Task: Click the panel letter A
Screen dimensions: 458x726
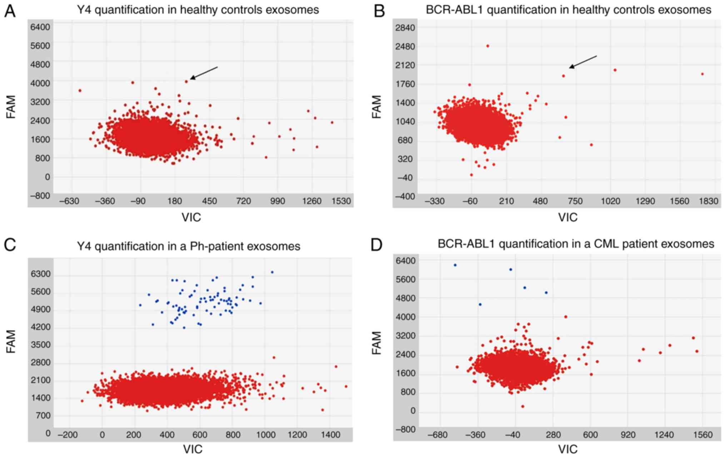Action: coord(10,11)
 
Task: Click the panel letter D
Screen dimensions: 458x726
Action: coord(376,245)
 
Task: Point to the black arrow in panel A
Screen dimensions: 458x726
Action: coord(204,72)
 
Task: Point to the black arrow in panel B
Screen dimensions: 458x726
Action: coord(583,61)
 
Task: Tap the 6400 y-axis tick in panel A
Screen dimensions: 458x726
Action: coord(40,27)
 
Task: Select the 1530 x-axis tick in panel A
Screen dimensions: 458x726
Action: coord(341,201)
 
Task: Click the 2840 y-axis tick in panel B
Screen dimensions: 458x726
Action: coord(405,28)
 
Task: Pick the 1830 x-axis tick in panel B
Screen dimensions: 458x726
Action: coord(708,201)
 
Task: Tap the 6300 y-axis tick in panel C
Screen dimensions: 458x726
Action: coord(40,274)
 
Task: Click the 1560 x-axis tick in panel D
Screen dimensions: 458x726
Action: coord(702,435)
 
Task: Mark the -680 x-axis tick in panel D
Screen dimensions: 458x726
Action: coord(437,435)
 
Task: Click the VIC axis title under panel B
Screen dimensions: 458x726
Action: coord(568,217)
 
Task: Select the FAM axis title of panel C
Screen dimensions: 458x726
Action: coord(11,341)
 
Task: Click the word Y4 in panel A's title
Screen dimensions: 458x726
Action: coord(84,10)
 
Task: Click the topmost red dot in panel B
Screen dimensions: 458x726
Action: coord(488,46)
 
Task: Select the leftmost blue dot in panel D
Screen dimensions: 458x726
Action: coord(455,265)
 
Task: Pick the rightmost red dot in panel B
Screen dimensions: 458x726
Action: coord(702,74)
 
